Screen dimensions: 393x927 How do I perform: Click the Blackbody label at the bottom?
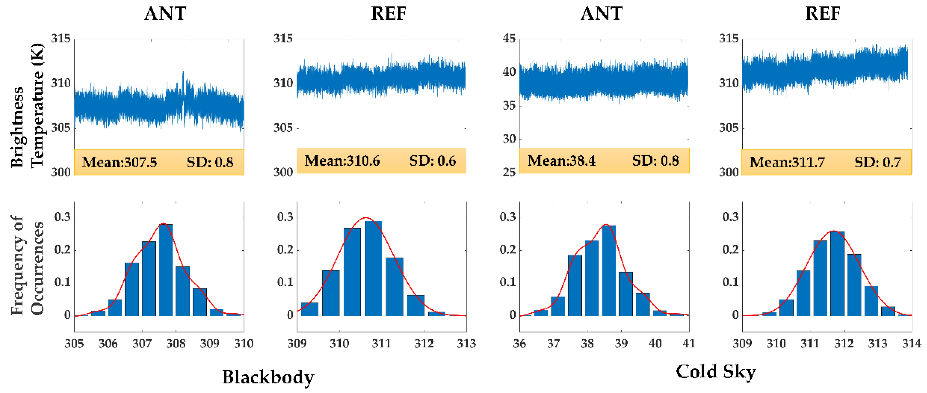(x=268, y=377)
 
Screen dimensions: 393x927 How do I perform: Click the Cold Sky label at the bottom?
(x=715, y=372)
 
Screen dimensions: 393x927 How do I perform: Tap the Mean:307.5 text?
(x=119, y=162)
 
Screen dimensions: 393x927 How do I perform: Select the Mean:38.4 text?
(x=562, y=161)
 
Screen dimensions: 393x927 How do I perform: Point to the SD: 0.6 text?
(x=433, y=161)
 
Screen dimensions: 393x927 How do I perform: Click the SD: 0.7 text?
(x=877, y=162)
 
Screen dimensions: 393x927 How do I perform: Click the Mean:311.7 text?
(x=787, y=162)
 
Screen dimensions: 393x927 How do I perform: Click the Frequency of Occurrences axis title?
(x=27, y=266)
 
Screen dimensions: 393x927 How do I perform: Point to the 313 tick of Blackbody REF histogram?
(x=466, y=344)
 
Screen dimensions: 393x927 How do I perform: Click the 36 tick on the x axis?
(x=519, y=344)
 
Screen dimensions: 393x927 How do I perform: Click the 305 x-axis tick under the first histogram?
(x=74, y=344)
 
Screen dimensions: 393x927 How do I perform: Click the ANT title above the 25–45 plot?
(x=601, y=14)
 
